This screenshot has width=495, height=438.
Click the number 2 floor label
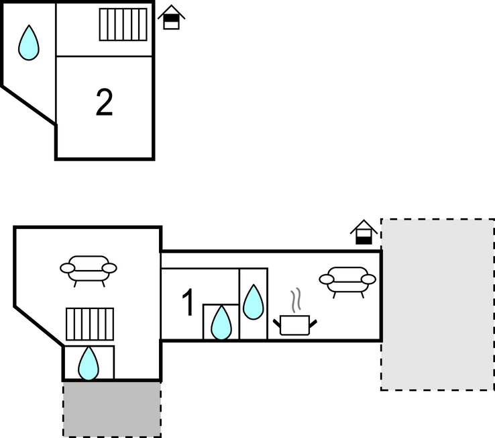104,103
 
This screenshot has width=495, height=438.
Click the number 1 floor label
188,303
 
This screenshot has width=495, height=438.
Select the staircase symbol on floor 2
123,25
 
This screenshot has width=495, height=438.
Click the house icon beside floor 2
172,17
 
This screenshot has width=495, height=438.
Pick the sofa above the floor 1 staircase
89,268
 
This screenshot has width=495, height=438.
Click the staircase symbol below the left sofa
89,324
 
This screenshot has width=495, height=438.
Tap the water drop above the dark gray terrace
89,363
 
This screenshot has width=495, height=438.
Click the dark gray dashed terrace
112,409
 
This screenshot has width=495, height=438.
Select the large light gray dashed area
437,304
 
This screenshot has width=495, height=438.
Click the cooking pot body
294,326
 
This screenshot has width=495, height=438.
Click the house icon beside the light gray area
364,232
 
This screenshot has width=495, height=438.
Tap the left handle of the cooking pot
277,324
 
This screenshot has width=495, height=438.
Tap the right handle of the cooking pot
312,324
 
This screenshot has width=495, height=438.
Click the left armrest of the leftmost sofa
67,269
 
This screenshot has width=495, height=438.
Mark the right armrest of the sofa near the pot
368,279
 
